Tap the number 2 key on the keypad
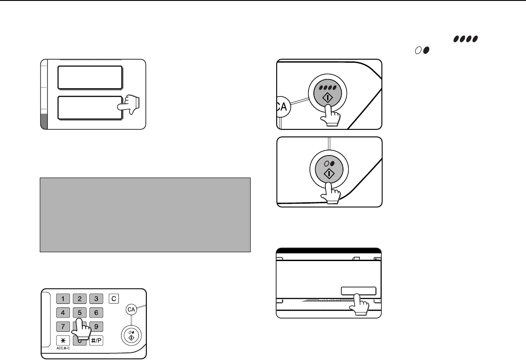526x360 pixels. click(80, 299)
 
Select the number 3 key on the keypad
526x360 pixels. click(96, 299)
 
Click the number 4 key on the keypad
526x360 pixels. click(63, 313)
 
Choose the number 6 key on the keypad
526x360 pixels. click(96, 313)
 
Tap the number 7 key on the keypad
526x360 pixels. click(63, 326)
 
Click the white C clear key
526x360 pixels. click(114, 299)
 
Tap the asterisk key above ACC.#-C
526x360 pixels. click(63, 341)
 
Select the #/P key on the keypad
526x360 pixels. click(96, 341)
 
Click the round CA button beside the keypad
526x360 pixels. click(131, 309)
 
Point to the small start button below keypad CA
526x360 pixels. click(131, 336)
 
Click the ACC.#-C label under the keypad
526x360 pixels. click(63, 348)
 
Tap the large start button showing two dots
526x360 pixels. click(329, 170)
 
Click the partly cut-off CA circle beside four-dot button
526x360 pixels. click(283, 106)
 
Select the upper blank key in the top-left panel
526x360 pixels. click(90, 77)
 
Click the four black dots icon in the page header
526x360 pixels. click(465, 39)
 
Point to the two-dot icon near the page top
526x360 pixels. click(422, 50)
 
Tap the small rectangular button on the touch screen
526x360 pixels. click(358, 291)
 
